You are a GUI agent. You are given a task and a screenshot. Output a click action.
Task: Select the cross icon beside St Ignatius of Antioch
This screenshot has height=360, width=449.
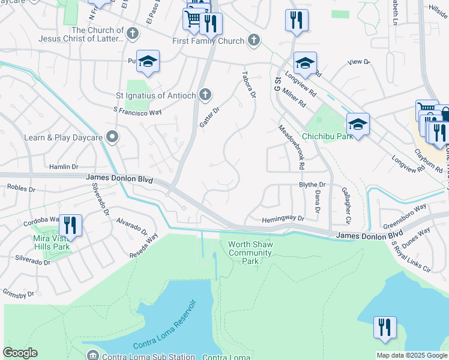[x=205, y=95]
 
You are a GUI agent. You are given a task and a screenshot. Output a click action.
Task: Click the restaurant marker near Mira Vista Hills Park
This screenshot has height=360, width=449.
[x=70, y=226]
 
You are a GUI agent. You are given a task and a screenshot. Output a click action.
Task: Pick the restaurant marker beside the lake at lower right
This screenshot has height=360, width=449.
[x=385, y=328]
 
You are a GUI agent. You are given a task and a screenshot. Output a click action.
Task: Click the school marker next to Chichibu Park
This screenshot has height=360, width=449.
[x=358, y=124]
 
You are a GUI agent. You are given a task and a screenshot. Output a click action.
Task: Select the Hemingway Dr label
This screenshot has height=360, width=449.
[x=283, y=220]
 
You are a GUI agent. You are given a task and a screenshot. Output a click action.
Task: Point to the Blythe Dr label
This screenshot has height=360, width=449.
[x=312, y=185]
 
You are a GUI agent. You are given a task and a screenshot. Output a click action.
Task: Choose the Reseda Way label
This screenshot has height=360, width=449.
[x=144, y=247]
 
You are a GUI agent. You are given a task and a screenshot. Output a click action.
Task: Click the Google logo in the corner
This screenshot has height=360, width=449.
[x=20, y=353]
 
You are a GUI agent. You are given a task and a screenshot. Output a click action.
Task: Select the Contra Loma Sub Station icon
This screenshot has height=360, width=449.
[x=92, y=355]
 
